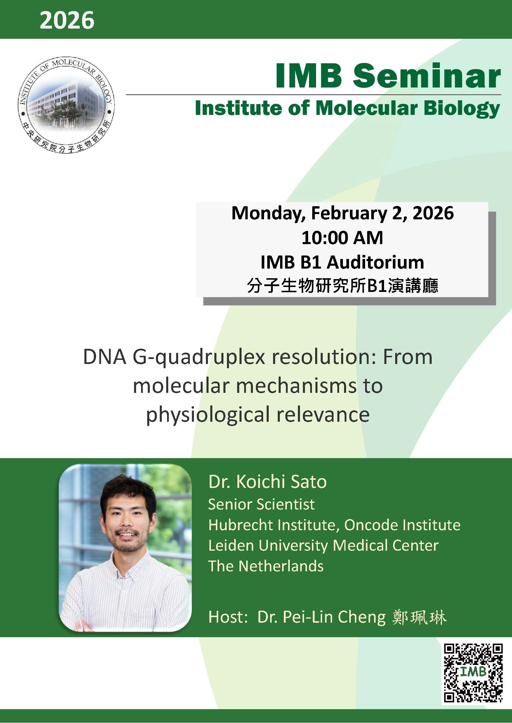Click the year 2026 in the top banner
click(67, 20)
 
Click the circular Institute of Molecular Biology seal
click(66, 106)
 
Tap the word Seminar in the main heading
click(426, 76)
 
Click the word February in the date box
click(349, 213)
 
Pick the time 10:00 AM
click(342, 238)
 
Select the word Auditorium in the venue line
click(375, 262)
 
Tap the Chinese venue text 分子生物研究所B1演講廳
click(342, 286)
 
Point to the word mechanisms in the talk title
click(309, 386)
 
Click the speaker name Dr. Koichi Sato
click(267, 482)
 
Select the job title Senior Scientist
click(261, 504)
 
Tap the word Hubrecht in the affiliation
click(240, 525)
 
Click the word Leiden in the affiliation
click(231, 546)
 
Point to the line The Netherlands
click(265, 566)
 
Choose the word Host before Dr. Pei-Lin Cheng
click(226, 617)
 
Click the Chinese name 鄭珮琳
click(419, 617)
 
